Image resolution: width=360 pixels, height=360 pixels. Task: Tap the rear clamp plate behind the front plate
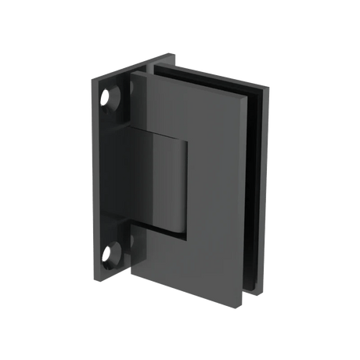[x=258, y=196]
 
